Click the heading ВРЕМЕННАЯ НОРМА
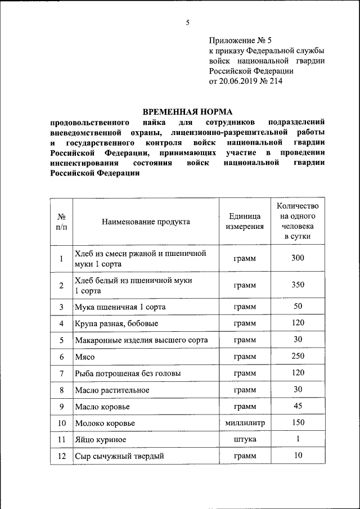click(187, 111)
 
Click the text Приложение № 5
click(240, 40)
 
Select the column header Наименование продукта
click(146, 222)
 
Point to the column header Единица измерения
click(245, 222)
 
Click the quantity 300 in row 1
click(298, 258)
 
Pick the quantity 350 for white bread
click(298, 285)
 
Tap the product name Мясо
click(84, 357)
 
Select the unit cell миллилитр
click(245, 422)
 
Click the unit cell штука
click(245, 439)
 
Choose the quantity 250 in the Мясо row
click(298, 356)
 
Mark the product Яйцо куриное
click(100, 439)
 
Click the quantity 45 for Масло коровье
click(298, 406)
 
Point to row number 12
click(61, 456)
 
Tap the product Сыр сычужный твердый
click(119, 456)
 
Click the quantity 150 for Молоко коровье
click(298, 422)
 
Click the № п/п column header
click(61, 222)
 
